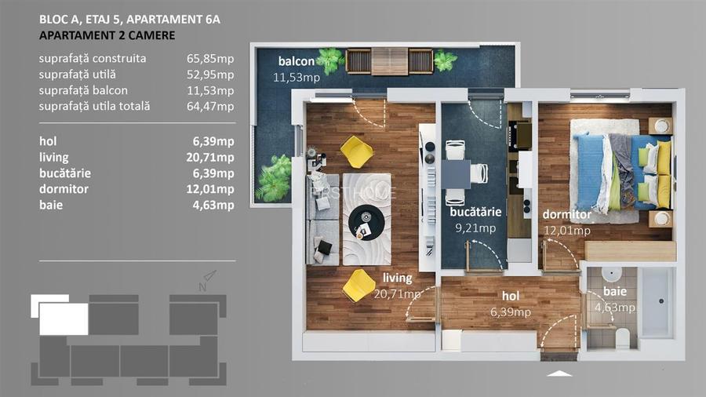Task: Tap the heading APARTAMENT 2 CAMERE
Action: (x=107, y=35)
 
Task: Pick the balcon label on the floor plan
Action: (x=297, y=62)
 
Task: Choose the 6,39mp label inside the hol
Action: (x=511, y=311)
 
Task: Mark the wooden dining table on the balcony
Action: (x=389, y=60)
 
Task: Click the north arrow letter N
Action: (x=202, y=287)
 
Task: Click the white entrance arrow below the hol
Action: (x=559, y=375)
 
